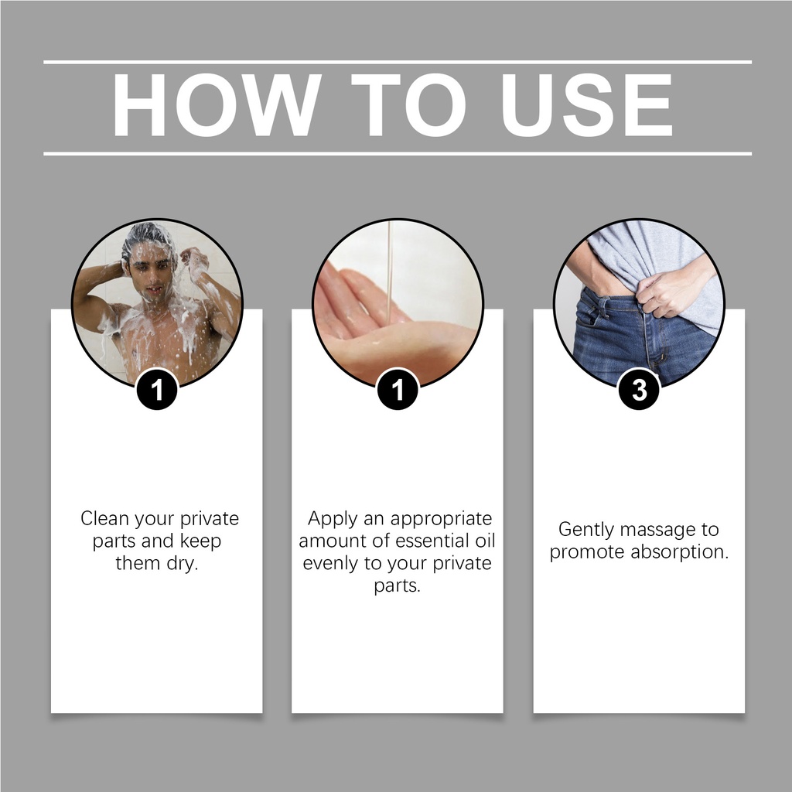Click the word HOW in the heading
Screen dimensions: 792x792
[217, 105]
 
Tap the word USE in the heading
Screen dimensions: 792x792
[586, 105]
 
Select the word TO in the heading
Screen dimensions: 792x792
[408, 105]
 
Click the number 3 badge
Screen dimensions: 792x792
[639, 390]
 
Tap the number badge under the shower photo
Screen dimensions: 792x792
[157, 390]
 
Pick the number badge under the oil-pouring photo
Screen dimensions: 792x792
[398, 390]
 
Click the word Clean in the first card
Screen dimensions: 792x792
[104, 519]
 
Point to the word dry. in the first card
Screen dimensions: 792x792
[183, 563]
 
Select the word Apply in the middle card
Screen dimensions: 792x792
[333, 519]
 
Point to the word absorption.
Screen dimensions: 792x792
[680, 552]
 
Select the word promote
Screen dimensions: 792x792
[588, 553]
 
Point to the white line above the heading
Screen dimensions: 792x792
[398, 62]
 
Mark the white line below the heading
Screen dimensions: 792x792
[398, 154]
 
